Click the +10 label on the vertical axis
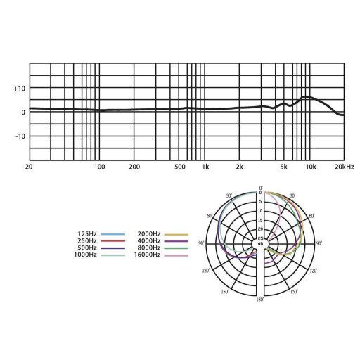pos(20,89)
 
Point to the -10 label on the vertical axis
pos(20,136)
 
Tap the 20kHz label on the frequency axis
pos(345,167)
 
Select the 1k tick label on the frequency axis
pos(205,167)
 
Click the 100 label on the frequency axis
pos(99,167)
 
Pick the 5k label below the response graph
pos(283,167)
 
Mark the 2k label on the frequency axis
pos(239,167)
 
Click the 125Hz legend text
pos(87,234)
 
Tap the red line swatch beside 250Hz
pos(113,241)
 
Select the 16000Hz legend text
pos(147,255)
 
